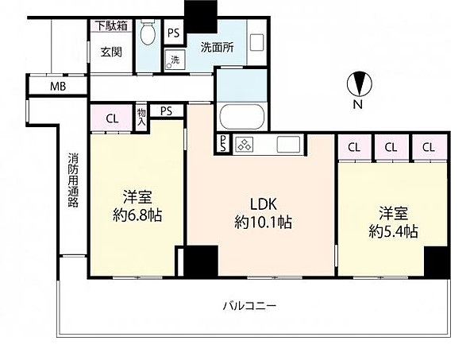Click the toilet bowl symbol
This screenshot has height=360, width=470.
point(148,33)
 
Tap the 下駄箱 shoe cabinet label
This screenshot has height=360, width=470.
point(111,25)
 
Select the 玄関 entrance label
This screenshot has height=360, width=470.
point(111,52)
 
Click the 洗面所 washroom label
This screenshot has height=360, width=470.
point(217,47)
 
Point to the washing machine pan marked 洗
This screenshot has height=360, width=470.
point(175,60)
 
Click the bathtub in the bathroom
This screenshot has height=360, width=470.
point(242,117)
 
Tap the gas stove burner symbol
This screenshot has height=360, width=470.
point(245,145)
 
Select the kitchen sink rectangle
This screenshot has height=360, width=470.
point(288,145)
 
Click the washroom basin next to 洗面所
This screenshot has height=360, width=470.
point(256,43)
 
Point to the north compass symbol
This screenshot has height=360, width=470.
point(359,83)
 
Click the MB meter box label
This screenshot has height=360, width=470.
point(58,87)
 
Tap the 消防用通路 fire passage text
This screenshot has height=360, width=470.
point(73,180)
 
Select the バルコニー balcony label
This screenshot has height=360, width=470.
point(249,306)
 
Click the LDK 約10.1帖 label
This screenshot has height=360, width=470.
point(263,213)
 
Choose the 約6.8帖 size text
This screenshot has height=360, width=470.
point(137,215)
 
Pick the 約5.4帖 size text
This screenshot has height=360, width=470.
point(393,231)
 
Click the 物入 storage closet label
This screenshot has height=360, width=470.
point(141,118)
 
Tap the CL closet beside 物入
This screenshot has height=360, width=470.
point(112,118)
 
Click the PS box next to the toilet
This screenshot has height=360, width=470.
point(174,33)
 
